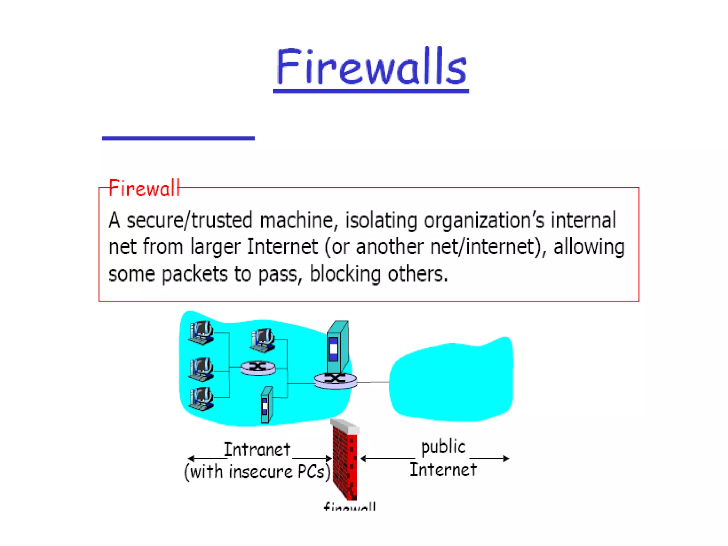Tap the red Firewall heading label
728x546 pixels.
[144, 188]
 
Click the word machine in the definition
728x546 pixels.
[296, 220]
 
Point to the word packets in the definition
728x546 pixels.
[194, 274]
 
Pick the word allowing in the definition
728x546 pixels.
[589, 247]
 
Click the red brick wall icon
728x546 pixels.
[345, 460]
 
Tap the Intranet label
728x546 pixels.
[257, 450]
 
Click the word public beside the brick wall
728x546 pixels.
[443, 446]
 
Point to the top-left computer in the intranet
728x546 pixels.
[201, 333]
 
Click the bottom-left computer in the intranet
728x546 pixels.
[201, 398]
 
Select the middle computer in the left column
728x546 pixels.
[201, 369]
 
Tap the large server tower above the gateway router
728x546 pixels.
[337, 346]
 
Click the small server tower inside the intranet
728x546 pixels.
[267, 405]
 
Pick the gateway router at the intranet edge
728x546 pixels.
[335, 381]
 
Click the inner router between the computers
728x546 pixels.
[258, 368]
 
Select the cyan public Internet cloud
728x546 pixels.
[451, 380]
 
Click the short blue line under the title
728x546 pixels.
[178, 138]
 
